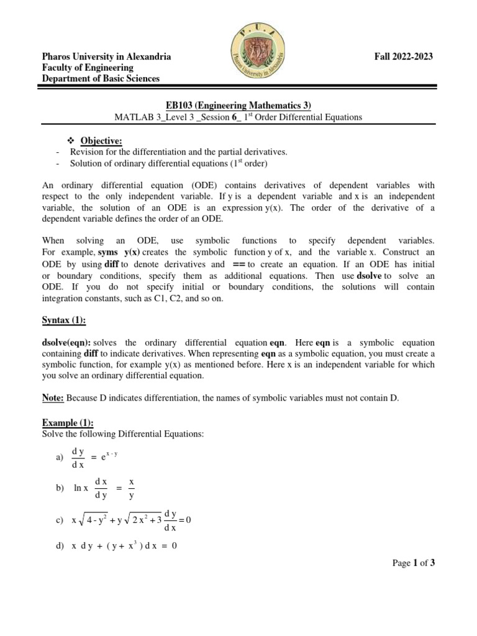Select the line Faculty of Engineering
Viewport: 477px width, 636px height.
[88, 68]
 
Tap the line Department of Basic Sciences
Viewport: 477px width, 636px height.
[101, 79]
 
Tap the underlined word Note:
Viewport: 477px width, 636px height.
[53, 397]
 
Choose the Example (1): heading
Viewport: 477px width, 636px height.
[68, 422]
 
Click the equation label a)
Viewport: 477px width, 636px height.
[60, 458]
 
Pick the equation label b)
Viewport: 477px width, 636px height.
[60, 489]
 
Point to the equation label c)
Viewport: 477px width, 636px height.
[60, 520]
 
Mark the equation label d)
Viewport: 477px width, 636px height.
[60, 547]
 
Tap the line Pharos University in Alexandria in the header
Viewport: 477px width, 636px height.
[106, 57]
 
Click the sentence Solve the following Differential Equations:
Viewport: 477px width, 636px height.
[123, 433]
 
